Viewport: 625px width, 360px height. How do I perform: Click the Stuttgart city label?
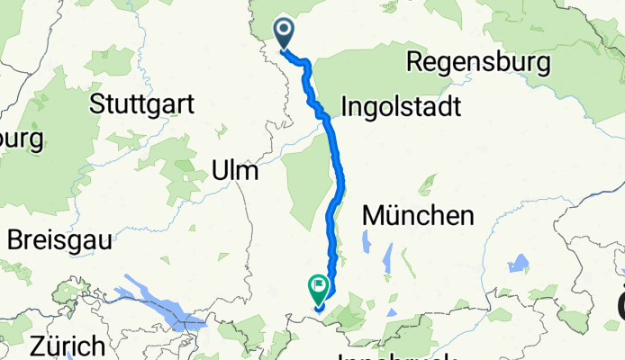(142, 103)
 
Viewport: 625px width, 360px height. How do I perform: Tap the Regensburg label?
(478, 62)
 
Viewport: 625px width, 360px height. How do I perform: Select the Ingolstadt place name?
(401, 107)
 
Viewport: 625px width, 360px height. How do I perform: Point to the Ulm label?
(234, 170)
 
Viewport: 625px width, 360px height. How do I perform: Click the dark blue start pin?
(284, 32)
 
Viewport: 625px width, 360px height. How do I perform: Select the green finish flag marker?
(319, 288)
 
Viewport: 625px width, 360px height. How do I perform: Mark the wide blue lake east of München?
(518, 264)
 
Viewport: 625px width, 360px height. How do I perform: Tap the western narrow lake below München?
(367, 243)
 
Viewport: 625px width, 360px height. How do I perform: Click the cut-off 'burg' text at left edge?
(20, 140)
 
